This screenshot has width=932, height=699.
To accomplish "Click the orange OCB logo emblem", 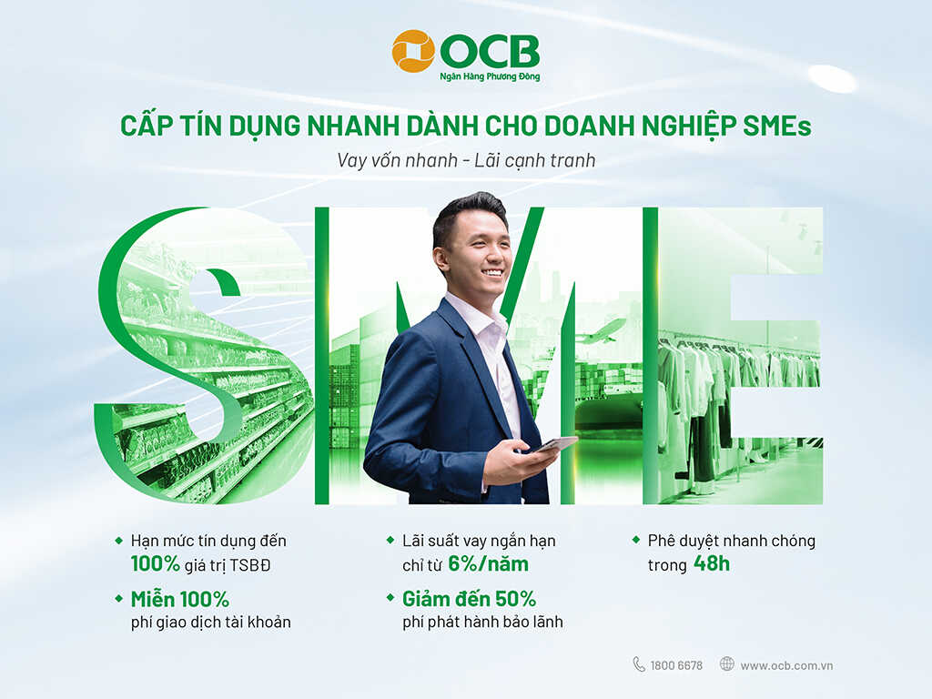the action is (413, 51).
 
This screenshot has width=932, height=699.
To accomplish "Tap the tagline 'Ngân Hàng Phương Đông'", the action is (490, 76).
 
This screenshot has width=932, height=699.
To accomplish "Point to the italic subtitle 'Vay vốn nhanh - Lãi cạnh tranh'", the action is (466, 160).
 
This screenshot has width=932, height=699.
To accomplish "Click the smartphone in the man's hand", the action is (556, 444).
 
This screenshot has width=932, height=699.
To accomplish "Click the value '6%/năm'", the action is (488, 563).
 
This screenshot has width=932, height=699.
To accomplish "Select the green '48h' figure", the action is (712, 563).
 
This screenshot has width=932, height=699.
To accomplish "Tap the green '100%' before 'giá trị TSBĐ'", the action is (155, 563).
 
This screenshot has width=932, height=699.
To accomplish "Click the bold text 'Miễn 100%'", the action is (180, 599).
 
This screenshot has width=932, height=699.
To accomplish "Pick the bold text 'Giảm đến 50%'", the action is (469, 599).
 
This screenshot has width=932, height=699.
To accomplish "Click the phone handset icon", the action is (639, 664).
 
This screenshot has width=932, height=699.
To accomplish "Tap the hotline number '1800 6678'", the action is (676, 665).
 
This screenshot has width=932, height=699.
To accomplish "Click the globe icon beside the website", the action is (727, 664).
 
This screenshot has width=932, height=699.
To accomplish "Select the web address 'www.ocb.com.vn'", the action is (786, 665).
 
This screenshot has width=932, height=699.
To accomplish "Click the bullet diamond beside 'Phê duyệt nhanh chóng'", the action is (636, 540).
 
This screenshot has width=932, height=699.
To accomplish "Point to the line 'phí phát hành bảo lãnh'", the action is (482, 623).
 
